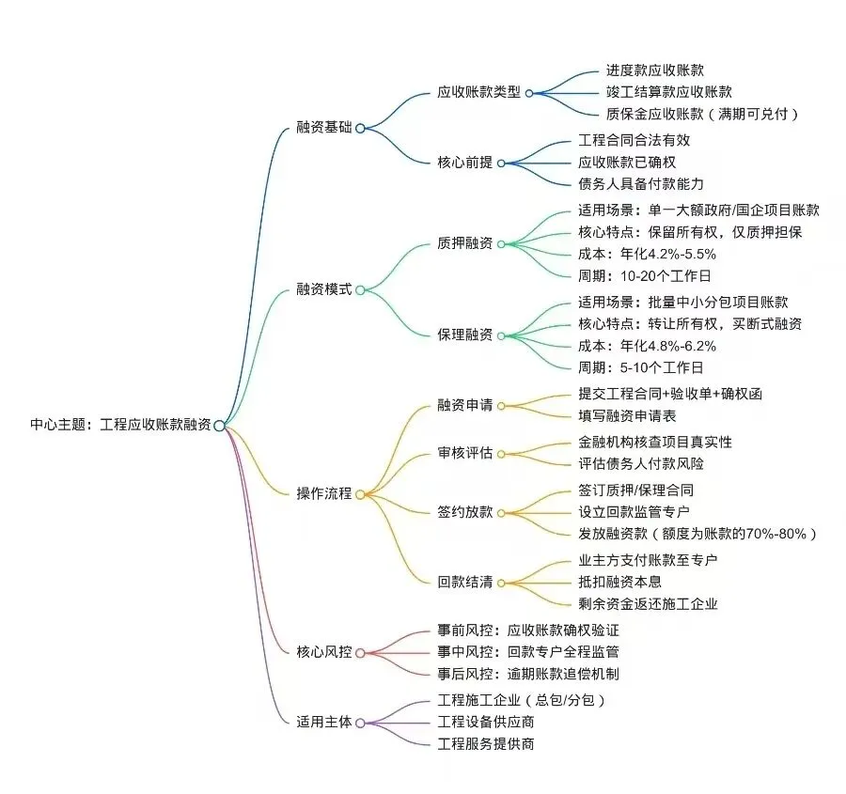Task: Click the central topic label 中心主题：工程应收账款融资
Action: click(120, 425)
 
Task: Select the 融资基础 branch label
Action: click(324, 127)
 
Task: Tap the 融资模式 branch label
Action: click(324, 289)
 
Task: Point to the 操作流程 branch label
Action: click(324, 493)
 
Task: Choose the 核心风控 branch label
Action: click(324, 651)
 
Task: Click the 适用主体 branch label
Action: click(324, 722)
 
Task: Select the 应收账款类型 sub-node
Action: click(478, 92)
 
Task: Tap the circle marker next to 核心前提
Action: click(501, 163)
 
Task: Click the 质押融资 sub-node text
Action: click(464, 243)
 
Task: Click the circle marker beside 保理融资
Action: click(501, 335)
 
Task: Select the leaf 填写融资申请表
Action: click(627, 415)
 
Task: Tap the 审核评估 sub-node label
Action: click(464, 453)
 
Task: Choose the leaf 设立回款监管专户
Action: click(634, 512)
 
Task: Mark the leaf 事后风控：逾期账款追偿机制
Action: click(528, 674)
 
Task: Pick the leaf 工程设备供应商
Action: click(487, 722)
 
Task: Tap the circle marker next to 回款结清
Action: click(501, 583)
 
